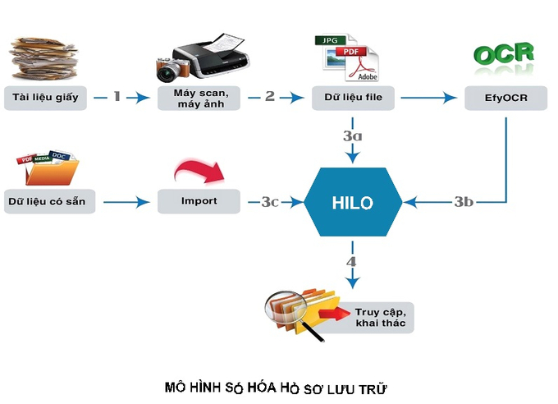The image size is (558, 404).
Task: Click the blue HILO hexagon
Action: click(353, 202)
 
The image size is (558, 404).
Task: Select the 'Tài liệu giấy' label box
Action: click(46, 98)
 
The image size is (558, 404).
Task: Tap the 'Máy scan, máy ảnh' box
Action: click(199, 98)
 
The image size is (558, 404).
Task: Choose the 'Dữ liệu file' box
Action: click(353, 98)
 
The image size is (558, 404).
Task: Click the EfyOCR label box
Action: click(506, 98)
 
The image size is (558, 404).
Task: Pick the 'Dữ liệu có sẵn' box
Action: click(50, 201)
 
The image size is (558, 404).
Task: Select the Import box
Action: click(199, 201)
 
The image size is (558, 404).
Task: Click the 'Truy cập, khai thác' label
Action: click(381, 318)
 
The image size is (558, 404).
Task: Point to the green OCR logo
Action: click(504, 54)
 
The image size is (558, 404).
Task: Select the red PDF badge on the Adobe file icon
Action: click(351, 52)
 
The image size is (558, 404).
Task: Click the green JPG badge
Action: click(331, 40)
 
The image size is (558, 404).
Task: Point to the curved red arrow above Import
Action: click(199, 171)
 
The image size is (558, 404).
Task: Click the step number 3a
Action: click(353, 135)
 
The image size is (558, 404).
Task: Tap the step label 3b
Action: click(464, 202)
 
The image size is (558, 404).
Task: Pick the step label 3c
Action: click(270, 202)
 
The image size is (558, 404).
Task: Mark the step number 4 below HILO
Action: click(351, 262)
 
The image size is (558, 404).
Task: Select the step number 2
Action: click(270, 96)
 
